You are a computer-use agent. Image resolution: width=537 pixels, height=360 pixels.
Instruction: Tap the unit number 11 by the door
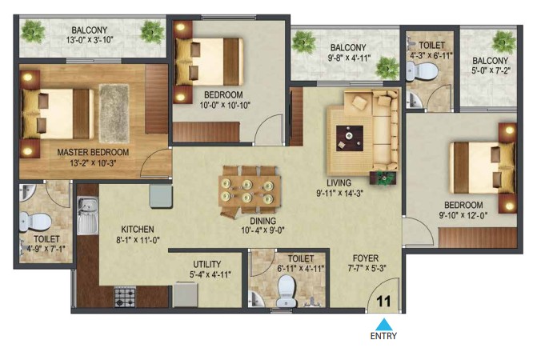(x=383, y=302)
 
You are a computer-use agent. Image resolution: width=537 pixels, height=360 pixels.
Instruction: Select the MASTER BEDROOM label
(x=93, y=152)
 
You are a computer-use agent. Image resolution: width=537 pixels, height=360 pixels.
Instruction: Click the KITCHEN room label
(x=138, y=229)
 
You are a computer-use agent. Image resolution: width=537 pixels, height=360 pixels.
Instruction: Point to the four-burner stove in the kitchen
(x=124, y=297)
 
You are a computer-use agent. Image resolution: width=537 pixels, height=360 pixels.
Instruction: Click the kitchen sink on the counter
(x=87, y=215)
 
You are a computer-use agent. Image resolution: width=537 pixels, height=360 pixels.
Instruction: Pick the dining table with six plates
(x=250, y=192)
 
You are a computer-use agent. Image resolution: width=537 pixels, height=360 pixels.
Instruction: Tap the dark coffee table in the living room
(x=350, y=138)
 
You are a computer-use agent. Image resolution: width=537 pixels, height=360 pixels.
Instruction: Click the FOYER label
(x=366, y=258)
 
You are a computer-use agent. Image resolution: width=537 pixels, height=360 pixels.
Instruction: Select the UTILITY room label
(x=206, y=264)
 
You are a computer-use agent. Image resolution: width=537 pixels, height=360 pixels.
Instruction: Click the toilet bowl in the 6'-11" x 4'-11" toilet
(x=287, y=291)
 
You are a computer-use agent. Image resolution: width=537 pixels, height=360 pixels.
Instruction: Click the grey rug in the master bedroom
(x=114, y=114)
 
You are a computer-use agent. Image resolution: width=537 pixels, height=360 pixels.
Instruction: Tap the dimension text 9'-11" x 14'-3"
(x=339, y=194)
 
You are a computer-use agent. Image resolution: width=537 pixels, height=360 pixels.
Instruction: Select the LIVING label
(x=339, y=182)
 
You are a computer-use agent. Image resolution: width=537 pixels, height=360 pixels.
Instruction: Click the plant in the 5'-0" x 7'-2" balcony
(x=503, y=42)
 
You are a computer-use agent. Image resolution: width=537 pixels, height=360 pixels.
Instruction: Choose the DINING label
(x=262, y=221)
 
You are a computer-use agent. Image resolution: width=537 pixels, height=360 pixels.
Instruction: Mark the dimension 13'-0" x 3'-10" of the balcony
(x=90, y=40)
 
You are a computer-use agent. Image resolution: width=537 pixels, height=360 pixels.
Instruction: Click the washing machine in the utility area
(x=186, y=294)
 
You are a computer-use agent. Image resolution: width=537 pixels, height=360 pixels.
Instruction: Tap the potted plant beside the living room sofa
(x=383, y=178)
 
